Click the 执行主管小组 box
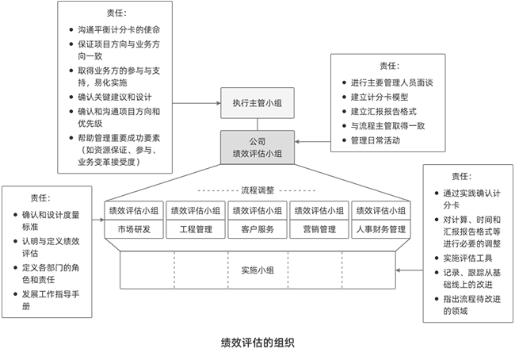coord(257,103)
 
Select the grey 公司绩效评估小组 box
coord(257,147)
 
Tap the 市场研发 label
coord(135,230)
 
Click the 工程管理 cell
coord(196,230)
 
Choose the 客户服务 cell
coord(257,230)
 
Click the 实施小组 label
coord(257,270)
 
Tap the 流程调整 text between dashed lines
coord(257,190)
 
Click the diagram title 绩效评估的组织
coord(257,343)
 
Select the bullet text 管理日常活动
coord(380,140)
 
